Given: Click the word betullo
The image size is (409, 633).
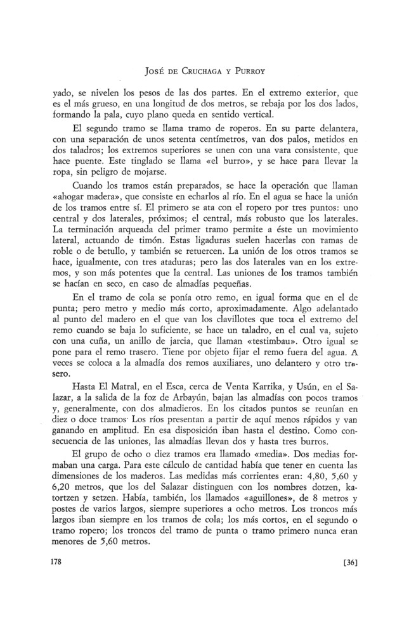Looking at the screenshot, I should point(93,254).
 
